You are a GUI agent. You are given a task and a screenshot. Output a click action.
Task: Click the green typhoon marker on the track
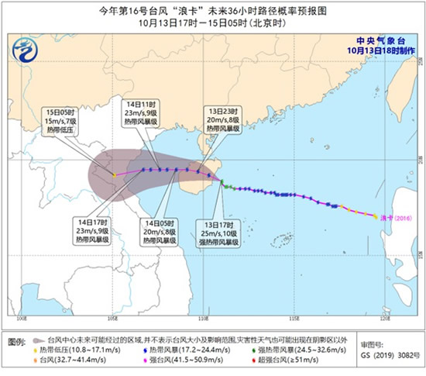[223, 184]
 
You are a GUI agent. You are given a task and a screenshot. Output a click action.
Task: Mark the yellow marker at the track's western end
[114, 175]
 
